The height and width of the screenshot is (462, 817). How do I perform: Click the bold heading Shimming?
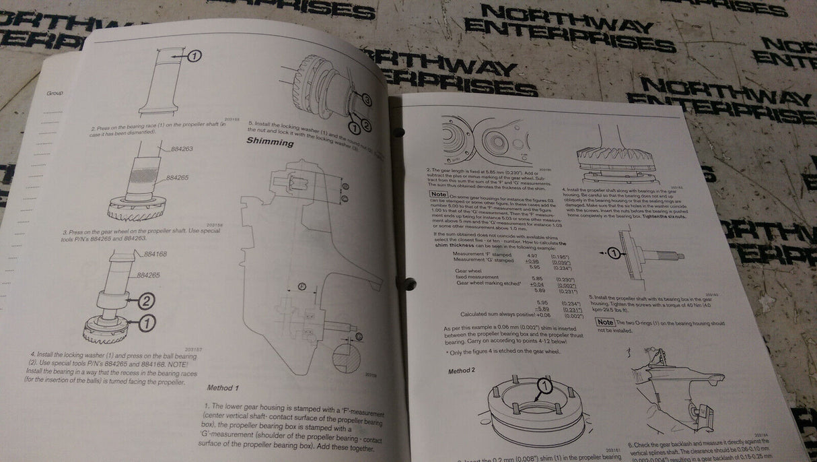click(270, 142)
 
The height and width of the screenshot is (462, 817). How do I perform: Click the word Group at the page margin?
click(55, 93)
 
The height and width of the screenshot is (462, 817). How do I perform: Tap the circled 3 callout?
click(367, 100)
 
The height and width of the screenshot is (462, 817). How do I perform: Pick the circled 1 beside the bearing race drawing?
click(193, 57)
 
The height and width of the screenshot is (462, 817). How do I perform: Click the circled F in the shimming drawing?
click(302, 286)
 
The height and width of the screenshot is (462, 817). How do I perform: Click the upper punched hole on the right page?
click(398, 132)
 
